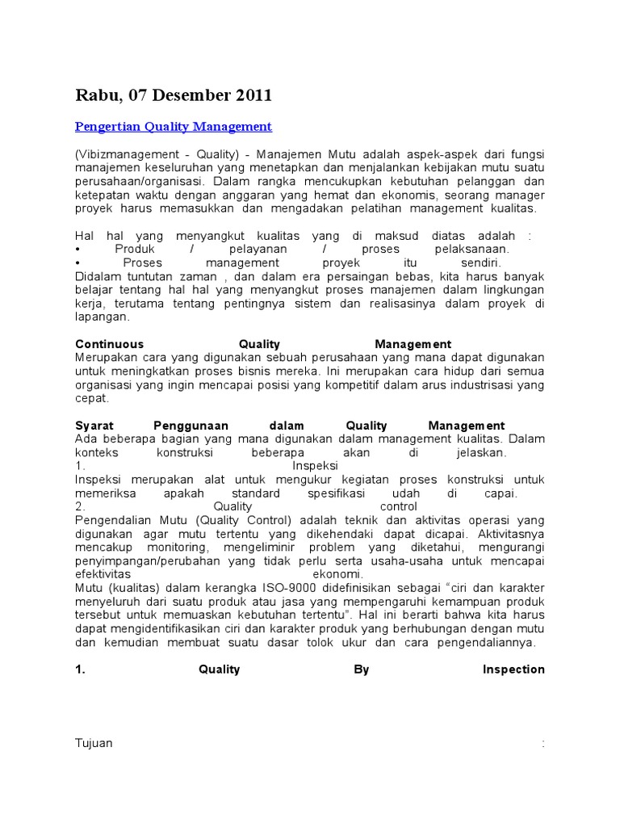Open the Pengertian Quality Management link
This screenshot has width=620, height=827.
(x=174, y=127)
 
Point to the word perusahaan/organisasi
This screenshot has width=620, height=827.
(x=136, y=182)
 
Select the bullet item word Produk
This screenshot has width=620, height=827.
(x=135, y=250)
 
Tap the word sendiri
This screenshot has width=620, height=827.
(x=480, y=263)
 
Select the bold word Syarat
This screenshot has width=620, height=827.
(x=94, y=426)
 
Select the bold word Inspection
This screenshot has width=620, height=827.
(x=513, y=670)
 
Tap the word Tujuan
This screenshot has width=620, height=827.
(x=94, y=744)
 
